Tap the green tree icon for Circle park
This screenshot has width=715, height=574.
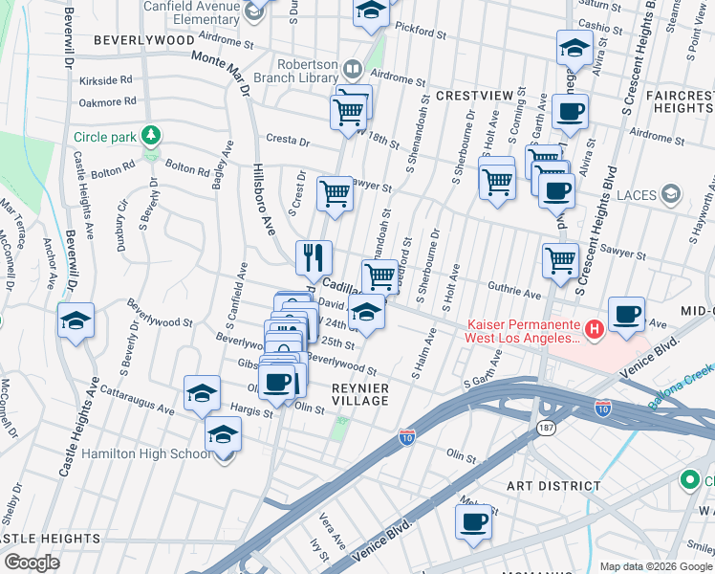coord(150,136)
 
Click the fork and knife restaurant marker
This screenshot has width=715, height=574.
coord(314,257)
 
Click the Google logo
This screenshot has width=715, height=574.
coord(32,563)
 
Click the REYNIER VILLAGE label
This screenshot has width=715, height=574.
coord(359,394)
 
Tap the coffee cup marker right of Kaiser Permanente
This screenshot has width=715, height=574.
coord(626,315)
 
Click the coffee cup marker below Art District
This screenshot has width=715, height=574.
coord(473,522)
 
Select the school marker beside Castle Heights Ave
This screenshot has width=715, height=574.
coord(76,322)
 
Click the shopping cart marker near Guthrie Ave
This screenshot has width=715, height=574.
coord(560,259)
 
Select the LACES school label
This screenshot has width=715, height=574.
coord(638,195)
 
